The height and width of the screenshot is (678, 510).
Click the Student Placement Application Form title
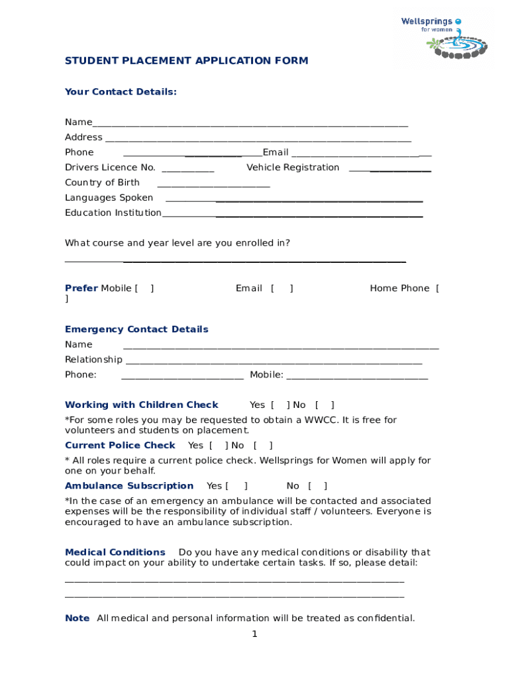click(x=186, y=61)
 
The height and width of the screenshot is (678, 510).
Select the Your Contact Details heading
click(x=121, y=92)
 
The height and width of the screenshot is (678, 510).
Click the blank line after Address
click(x=258, y=139)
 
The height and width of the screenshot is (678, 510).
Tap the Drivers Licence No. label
click(x=110, y=168)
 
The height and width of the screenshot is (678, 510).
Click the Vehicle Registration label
click(x=293, y=168)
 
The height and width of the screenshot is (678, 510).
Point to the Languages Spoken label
click(x=109, y=198)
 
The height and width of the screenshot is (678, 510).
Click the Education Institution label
click(x=113, y=213)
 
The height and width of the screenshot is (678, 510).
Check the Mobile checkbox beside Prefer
click(x=144, y=289)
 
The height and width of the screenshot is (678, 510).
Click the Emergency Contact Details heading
click(x=136, y=330)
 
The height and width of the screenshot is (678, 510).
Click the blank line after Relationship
click(x=273, y=362)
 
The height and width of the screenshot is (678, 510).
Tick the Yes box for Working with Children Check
click(x=280, y=405)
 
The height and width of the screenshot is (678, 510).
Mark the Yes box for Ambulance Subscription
click(x=236, y=486)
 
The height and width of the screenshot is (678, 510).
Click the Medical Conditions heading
click(x=115, y=552)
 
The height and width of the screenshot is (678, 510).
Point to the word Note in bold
click(x=77, y=618)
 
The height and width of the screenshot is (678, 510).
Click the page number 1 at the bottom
click(x=254, y=634)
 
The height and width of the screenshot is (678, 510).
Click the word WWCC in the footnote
click(x=319, y=420)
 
